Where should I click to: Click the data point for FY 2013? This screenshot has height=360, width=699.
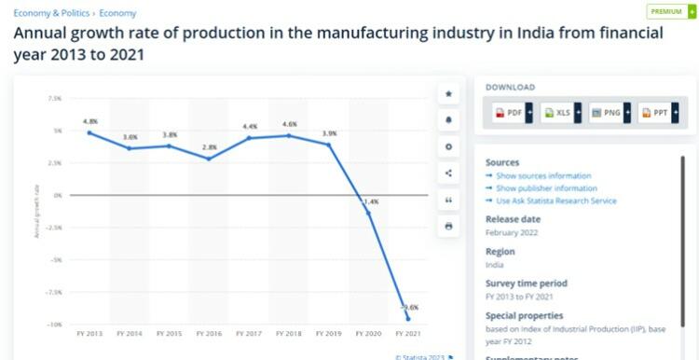pos(89,132)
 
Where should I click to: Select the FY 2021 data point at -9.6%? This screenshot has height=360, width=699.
pos(407,319)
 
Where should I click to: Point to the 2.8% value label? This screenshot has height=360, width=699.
pos(210,147)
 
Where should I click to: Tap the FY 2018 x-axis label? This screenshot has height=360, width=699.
pos(289,333)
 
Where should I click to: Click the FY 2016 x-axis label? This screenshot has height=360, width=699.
pos(209,333)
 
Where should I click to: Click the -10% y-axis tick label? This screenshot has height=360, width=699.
pos(54,324)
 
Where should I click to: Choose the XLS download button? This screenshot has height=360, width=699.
pos(560,113)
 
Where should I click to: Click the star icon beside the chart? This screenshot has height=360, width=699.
pos(448,93)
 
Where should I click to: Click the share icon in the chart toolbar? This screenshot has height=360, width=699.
pos(448,173)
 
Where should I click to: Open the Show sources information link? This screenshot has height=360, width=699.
pos(543,176)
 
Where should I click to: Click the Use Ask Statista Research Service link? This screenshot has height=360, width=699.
pos(555,201)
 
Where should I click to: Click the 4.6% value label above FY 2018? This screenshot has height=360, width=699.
pos(289,124)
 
